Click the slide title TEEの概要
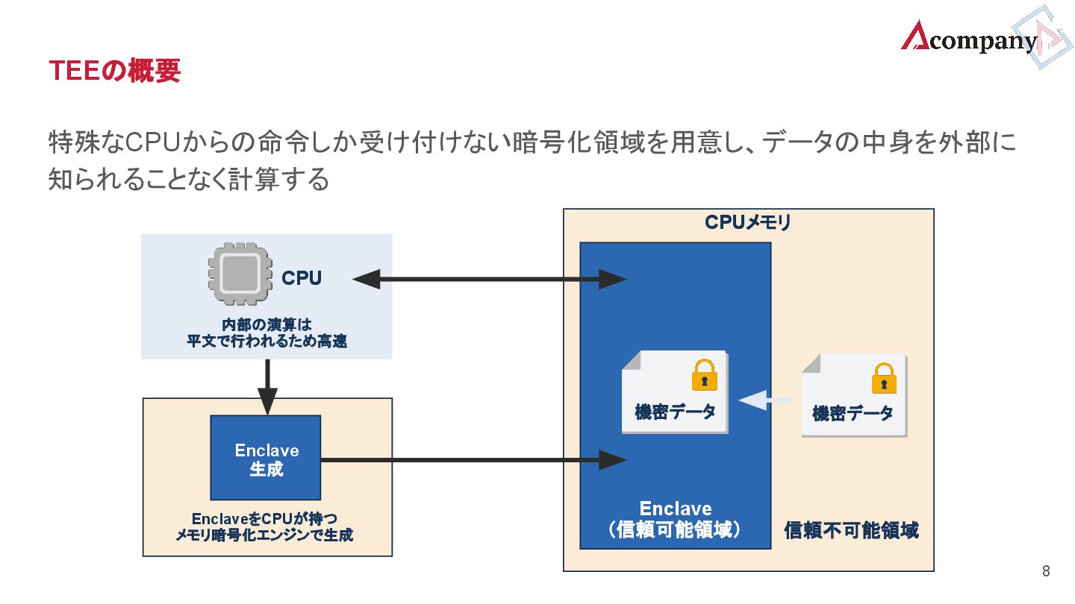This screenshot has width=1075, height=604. [x=114, y=71]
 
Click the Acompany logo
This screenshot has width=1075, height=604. [x=970, y=39]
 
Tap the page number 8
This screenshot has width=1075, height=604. [x=1045, y=572]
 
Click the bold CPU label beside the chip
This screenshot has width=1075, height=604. [x=302, y=278]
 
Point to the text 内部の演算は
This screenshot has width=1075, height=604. [x=266, y=325]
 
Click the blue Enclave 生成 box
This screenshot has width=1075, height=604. [x=266, y=458]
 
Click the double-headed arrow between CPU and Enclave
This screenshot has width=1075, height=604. [x=489, y=280]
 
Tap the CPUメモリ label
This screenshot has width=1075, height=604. [x=747, y=222]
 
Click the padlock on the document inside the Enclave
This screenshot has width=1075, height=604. [x=704, y=375]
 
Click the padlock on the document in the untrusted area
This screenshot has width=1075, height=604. [x=884, y=378]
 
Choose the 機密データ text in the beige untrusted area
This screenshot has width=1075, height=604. [x=853, y=413]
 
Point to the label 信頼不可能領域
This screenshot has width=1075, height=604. [x=851, y=530]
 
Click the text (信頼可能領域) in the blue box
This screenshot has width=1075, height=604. [x=675, y=530]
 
